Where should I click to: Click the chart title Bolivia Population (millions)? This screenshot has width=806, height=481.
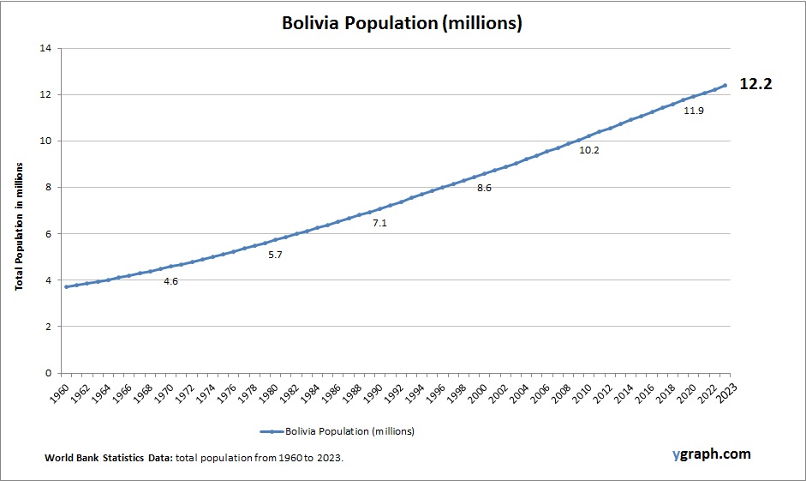pos(402,23)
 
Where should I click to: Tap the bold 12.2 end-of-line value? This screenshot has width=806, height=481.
pos(755,85)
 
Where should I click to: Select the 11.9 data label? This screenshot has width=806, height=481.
pos(693,111)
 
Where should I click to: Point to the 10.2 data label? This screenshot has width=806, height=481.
pos(589,150)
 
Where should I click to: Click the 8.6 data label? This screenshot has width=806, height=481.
pos(484,188)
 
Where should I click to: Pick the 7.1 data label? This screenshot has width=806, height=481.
pos(379,223)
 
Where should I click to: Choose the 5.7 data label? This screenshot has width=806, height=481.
pos(275,255)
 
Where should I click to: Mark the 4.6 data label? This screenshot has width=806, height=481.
pos(170,281)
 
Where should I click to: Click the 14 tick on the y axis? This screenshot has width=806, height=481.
pos(45,48)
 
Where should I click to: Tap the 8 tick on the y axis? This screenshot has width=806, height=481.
pos(48,187)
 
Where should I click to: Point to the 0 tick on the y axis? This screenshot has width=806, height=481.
pos(48,373)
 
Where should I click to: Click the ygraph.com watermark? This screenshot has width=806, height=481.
pos(711,454)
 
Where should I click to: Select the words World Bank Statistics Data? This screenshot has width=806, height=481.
pos(109,459)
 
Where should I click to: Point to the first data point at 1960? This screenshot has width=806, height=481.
pos(66,286)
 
